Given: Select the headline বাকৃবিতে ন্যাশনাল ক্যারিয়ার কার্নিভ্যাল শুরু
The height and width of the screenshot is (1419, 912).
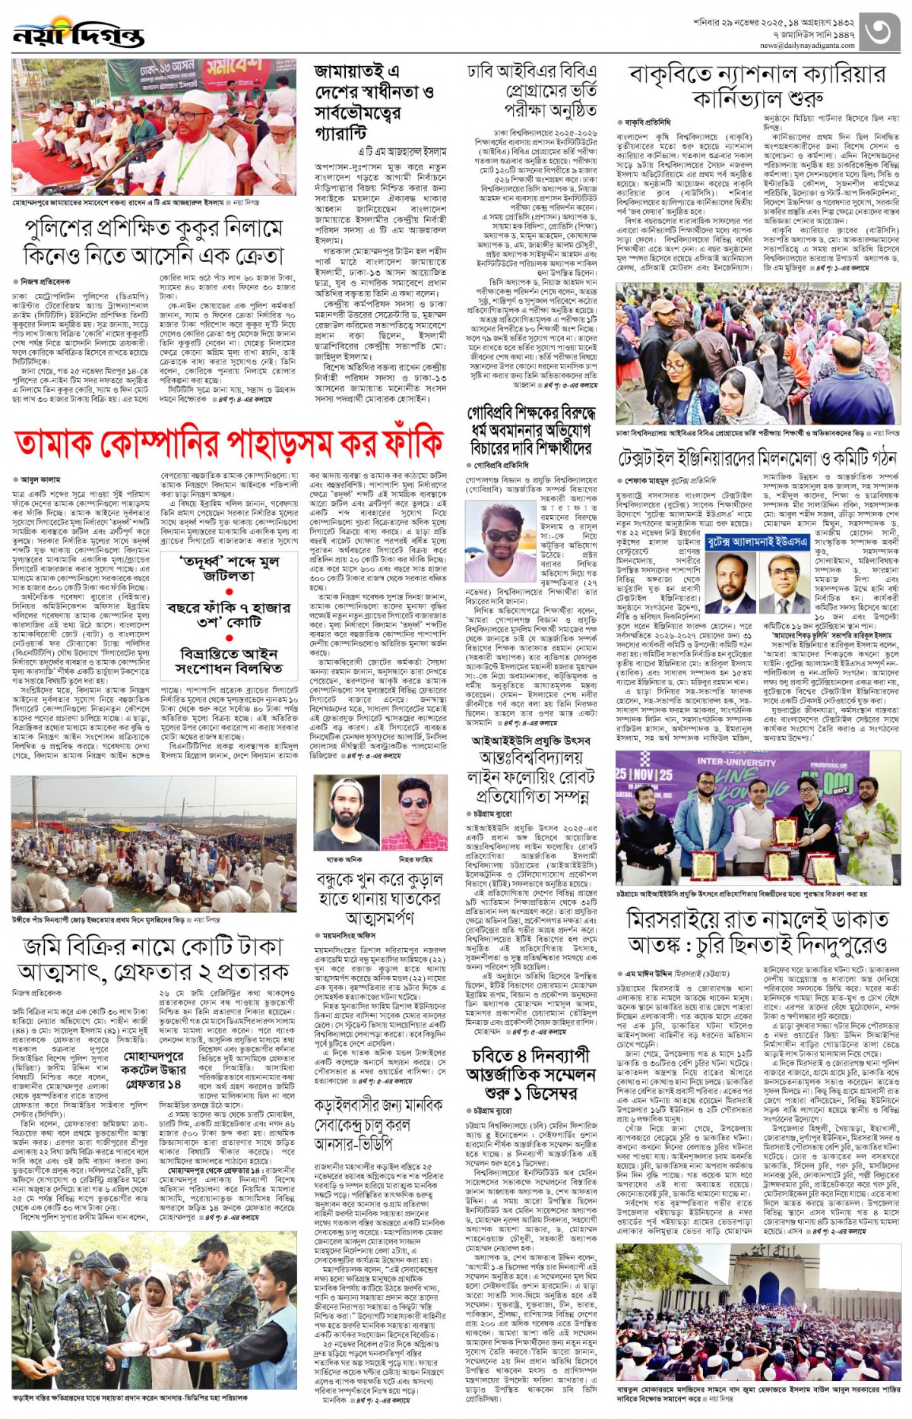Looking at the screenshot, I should [757, 86].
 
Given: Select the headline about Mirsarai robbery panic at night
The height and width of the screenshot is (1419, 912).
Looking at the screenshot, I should [757, 932].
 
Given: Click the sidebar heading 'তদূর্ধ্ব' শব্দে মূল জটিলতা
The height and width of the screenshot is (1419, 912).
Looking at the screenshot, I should [228, 569].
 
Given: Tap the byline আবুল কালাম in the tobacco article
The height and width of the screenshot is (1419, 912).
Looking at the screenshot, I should [40, 479].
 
